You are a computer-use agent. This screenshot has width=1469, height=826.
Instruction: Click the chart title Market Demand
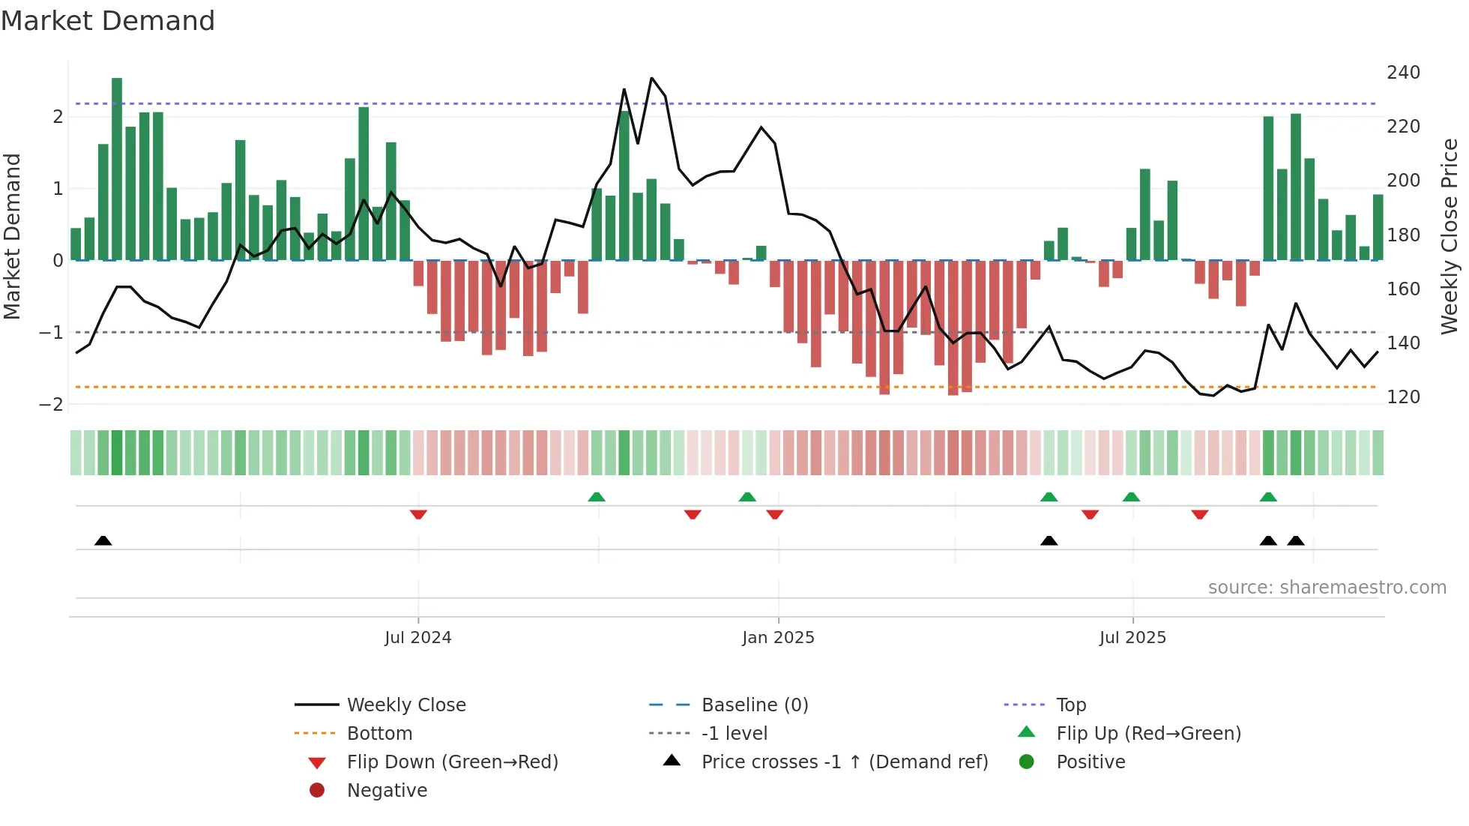108,21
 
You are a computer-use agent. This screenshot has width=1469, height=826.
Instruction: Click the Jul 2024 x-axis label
417,638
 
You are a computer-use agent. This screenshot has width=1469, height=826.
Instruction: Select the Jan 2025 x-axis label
778,638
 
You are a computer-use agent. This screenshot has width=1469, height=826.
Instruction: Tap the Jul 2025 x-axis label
1132,638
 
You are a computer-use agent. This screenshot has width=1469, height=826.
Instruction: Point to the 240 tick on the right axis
1403,73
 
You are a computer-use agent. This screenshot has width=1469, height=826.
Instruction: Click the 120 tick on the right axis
1403,397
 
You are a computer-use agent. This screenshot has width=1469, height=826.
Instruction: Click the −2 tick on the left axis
52,405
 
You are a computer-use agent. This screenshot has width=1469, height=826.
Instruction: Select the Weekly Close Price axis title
1450,236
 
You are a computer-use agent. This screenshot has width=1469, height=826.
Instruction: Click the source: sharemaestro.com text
1327,588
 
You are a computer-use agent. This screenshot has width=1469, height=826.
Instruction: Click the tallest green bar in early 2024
117,169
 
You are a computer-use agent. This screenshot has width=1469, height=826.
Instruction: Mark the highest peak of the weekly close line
651,79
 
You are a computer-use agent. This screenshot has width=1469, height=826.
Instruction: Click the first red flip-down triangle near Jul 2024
418,514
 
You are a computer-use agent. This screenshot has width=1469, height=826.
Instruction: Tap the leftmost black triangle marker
103,540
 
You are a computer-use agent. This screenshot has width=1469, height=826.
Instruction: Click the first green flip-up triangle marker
597,497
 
